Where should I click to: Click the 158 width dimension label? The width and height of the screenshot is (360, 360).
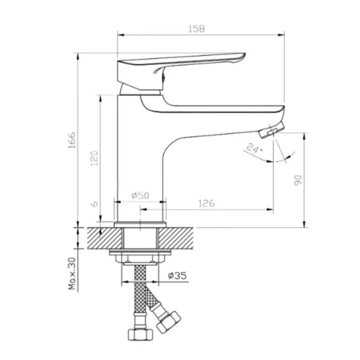[x=197, y=29]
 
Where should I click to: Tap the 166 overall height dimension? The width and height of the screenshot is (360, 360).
[x=72, y=140]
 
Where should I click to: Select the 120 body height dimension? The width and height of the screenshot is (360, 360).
[x=94, y=158]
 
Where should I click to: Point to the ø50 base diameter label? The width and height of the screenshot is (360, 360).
[x=140, y=196]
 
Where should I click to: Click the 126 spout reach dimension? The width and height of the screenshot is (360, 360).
[x=206, y=203]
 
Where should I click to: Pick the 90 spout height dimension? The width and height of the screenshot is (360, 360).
[x=298, y=180]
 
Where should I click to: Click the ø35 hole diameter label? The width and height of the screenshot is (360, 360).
[x=177, y=275]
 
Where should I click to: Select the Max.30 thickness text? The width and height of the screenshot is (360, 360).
[x=72, y=274]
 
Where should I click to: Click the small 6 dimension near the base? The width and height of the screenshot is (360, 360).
[x=94, y=204]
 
